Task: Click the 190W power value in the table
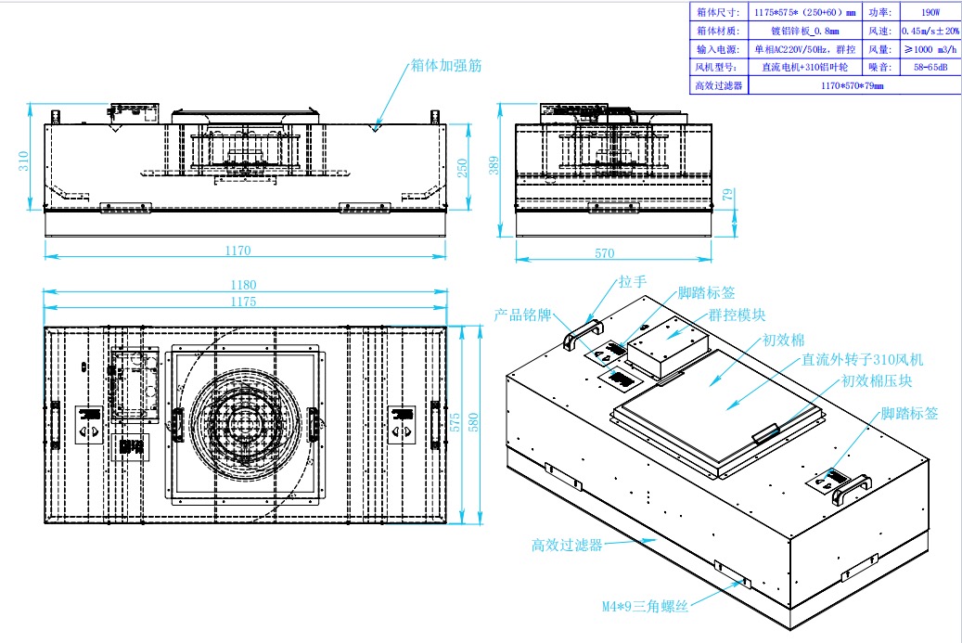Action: click(x=930, y=13)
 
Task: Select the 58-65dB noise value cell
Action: click(x=930, y=67)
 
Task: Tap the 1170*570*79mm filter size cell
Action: click(x=852, y=85)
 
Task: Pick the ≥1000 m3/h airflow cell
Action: click(x=930, y=49)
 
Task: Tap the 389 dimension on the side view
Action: click(x=494, y=164)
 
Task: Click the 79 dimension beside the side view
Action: click(x=728, y=195)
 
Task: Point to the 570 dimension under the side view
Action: click(x=605, y=251)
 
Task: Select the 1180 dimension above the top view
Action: click(x=243, y=285)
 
